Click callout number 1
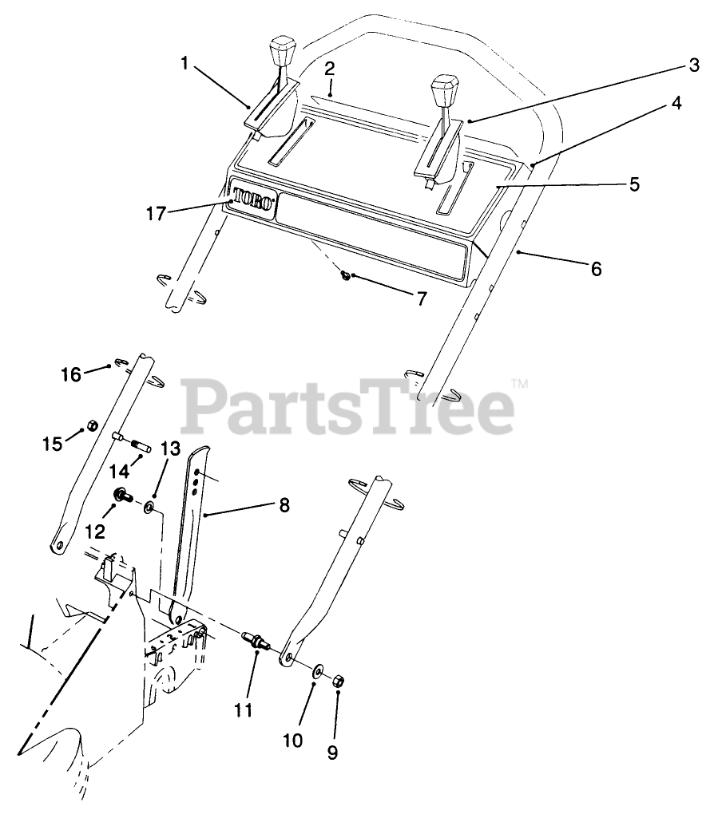coord(184,63)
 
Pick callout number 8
coord(284,504)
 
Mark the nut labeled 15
coord(91,425)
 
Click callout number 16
coord(72,373)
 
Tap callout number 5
coord(634,184)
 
